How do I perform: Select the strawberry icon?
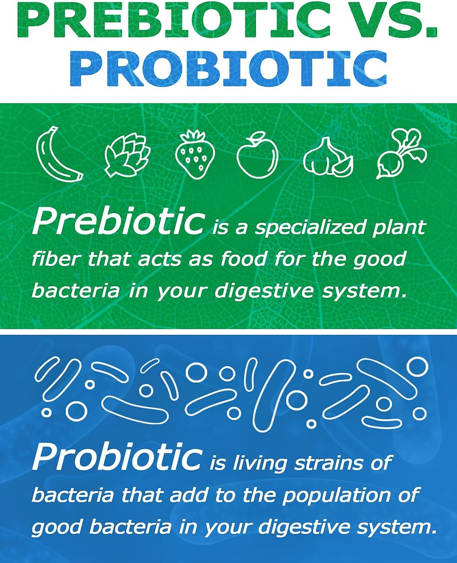195,154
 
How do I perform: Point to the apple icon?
257,157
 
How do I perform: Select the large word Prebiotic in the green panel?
118,222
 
